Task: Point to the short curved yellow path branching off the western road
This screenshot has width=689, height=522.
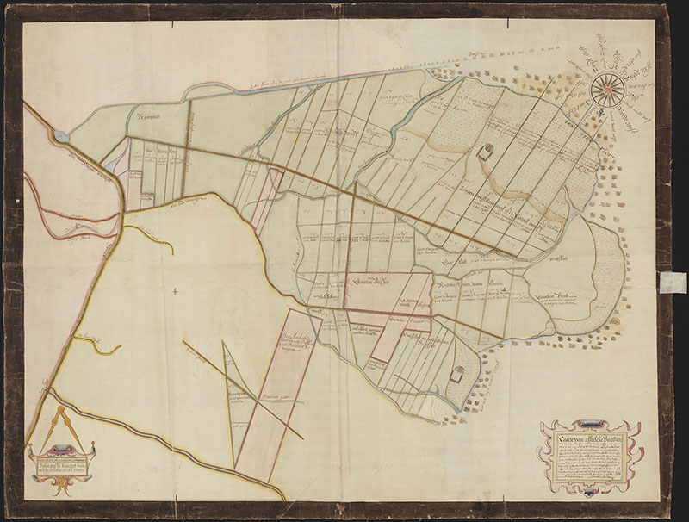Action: coord(148,235)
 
